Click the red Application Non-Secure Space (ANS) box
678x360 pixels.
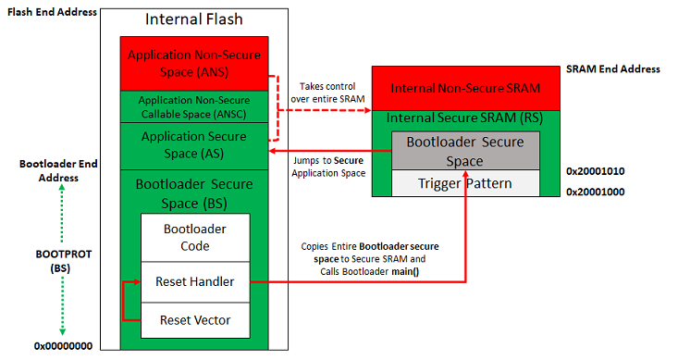(193, 63)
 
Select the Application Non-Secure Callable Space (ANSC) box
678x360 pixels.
(193, 106)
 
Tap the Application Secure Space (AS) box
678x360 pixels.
(193, 145)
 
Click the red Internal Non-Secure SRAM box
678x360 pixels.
(463, 89)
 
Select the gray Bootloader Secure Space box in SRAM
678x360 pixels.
(463, 151)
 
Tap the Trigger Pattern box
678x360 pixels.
(463, 183)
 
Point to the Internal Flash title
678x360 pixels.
(193, 19)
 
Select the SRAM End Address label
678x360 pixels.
(612, 69)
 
